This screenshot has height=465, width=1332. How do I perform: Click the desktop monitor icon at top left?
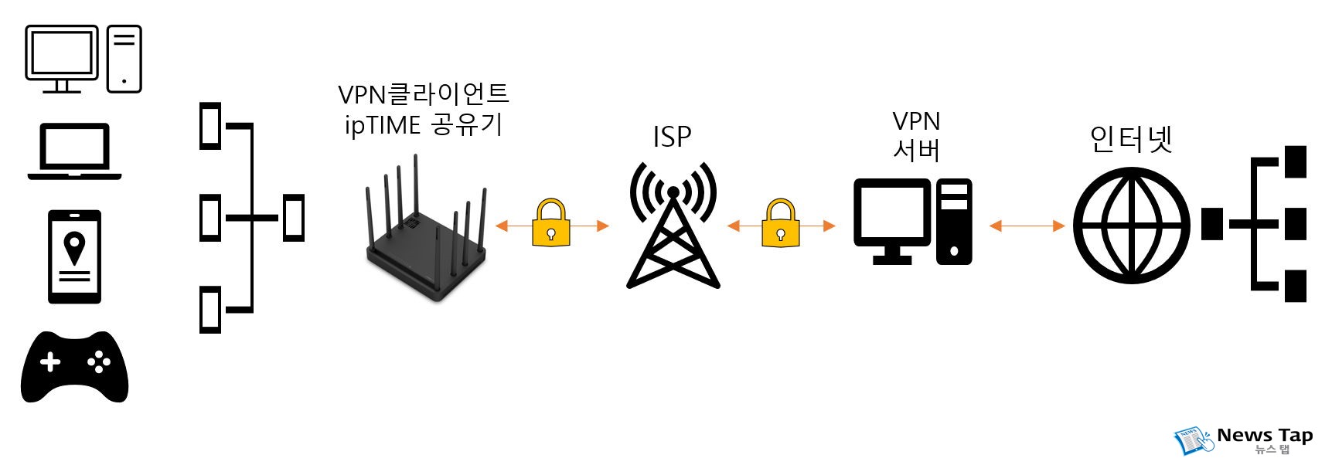click(62, 54)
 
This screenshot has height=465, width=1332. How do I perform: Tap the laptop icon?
click(74, 151)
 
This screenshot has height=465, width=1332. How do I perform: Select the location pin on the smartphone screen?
click(74, 247)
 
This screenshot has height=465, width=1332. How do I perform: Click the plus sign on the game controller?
click(50, 361)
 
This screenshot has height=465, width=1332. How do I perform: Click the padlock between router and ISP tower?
click(551, 224)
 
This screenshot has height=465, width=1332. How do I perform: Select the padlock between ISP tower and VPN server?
click(780, 224)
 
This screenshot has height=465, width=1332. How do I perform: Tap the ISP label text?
click(672, 137)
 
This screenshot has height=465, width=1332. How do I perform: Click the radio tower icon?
click(673, 228)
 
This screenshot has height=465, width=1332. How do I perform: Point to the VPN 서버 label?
click(916, 136)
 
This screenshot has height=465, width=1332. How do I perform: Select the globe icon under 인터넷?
click(1131, 225)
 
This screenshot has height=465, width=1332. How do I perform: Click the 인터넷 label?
click(1131, 140)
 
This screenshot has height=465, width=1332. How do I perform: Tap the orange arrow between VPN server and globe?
click(1027, 226)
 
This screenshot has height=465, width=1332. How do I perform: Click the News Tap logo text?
click(1264, 436)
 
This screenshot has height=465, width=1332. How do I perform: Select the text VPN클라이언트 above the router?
click(424, 94)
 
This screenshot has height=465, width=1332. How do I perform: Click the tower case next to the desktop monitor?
click(124, 59)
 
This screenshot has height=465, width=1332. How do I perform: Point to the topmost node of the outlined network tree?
click(210, 125)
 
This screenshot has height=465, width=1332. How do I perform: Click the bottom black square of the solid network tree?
click(1295, 286)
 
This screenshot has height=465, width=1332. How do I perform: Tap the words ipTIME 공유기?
click(424, 124)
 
